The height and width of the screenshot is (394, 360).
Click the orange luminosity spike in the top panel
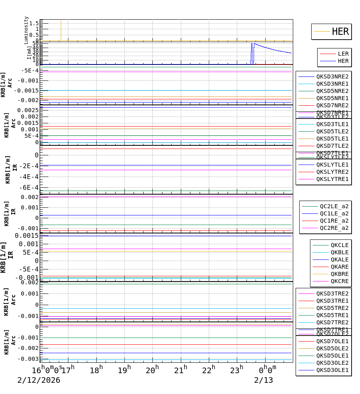coord(61,30)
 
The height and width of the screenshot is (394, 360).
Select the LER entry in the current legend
coord(343,54)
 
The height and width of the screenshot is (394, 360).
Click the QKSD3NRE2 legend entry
coord(332,76)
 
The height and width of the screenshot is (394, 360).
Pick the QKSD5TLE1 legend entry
coord(332,139)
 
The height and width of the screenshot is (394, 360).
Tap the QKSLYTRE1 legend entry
coord(332,179)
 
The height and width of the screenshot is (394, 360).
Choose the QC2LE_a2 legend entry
coord(334,206)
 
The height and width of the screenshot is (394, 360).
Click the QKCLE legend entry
coord(339,245)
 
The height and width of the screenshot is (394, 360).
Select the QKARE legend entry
coord(339,267)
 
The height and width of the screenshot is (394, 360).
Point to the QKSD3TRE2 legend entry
coord(332,293)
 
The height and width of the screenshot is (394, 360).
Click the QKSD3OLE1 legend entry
coord(332,370)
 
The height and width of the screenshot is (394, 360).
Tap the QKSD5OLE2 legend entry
coord(332,348)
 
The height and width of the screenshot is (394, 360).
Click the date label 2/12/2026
coord(39,380)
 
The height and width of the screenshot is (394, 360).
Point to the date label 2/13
coord(264,380)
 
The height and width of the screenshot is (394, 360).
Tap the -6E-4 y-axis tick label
coord(30,187)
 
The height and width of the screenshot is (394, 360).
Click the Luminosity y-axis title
coord(26,30)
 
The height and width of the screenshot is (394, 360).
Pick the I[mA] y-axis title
coord(29,52)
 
